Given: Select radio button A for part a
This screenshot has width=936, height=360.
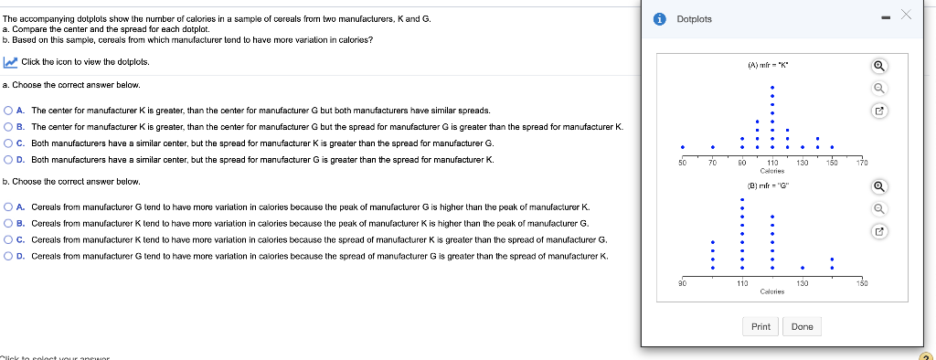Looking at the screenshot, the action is coord(8,110).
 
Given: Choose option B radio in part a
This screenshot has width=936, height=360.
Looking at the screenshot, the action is coord(8,126).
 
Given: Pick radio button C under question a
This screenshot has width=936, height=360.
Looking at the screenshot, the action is coord(8,143).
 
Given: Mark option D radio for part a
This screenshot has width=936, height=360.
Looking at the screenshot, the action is coord(8,160).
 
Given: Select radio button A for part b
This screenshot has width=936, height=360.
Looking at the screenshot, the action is coord(8,206).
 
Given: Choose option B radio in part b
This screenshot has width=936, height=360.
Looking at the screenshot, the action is coord(8,223).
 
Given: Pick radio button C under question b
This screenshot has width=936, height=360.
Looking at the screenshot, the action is coord(8,239).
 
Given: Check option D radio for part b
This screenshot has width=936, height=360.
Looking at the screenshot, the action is coord(8,257).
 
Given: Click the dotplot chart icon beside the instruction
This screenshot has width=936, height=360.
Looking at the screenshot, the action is coord(10,62).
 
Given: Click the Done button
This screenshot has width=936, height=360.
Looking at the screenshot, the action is coord(802,326).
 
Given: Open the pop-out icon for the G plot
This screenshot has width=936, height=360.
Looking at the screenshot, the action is coord(879,231).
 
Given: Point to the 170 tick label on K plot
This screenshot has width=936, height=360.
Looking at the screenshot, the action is coord(862,162).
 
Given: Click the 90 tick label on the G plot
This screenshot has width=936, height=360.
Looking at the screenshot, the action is coord(680,284).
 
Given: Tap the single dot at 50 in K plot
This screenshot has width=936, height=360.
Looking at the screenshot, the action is coord(682,148).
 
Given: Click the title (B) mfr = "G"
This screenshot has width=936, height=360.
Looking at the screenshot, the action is coord(771,185).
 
